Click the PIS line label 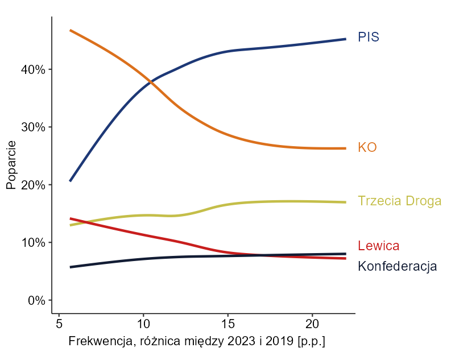point(368,38)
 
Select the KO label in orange point(367,147)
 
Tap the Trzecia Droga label point(399,201)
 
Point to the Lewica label point(378,246)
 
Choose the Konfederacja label point(397,266)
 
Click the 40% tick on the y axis point(33,69)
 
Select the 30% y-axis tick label point(33,127)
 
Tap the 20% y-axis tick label point(33,185)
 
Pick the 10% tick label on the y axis point(33,243)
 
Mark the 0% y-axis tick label point(36,300)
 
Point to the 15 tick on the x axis point(227,324)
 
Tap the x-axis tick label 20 point(312,324)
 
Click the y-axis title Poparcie point(11,165)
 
